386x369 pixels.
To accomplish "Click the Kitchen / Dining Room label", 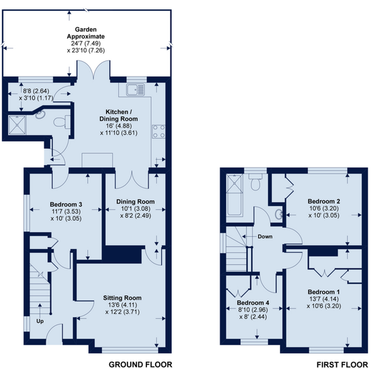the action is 119,115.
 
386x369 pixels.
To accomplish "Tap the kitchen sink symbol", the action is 136,89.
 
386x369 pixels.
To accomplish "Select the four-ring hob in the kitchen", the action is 159,131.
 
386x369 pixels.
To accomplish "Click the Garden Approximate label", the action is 86,33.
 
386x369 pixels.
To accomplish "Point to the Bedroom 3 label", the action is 66,205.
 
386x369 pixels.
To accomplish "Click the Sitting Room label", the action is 122,298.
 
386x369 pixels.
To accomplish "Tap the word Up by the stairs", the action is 40,321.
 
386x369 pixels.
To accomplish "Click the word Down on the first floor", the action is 265,237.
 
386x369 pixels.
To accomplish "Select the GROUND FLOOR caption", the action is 140,364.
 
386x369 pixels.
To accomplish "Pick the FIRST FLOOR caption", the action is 342,364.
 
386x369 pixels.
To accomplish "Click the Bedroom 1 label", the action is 324,292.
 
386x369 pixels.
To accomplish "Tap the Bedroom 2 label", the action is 324,201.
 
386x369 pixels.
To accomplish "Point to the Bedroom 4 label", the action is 253,303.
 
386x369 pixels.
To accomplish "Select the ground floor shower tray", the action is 17,125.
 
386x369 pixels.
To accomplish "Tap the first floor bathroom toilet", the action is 255,182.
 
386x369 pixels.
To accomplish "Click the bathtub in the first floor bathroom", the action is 234,195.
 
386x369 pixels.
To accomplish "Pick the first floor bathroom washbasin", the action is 279,214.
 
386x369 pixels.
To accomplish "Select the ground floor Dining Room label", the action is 136,202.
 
